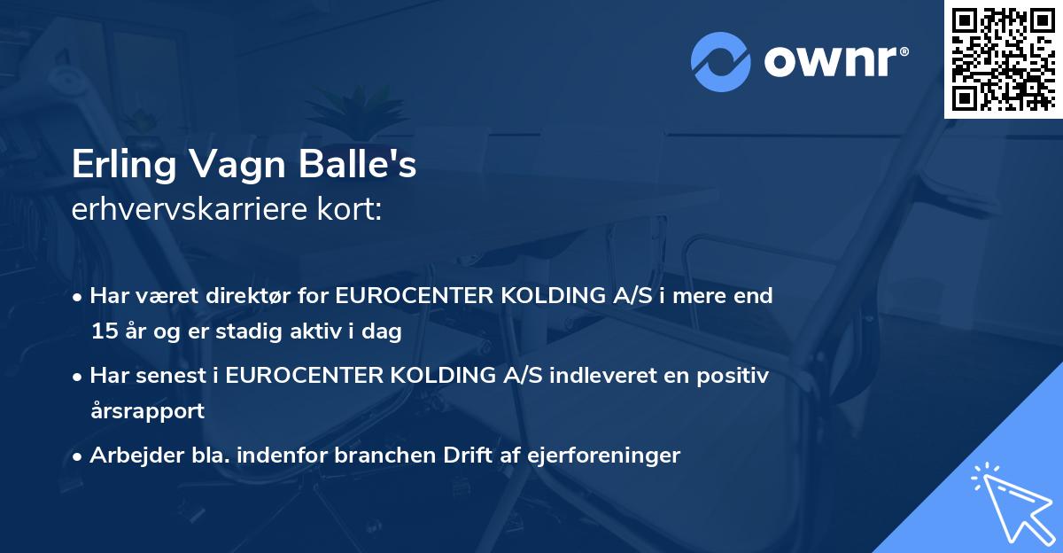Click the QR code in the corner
point(1003,59)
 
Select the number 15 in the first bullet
point(102,332)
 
